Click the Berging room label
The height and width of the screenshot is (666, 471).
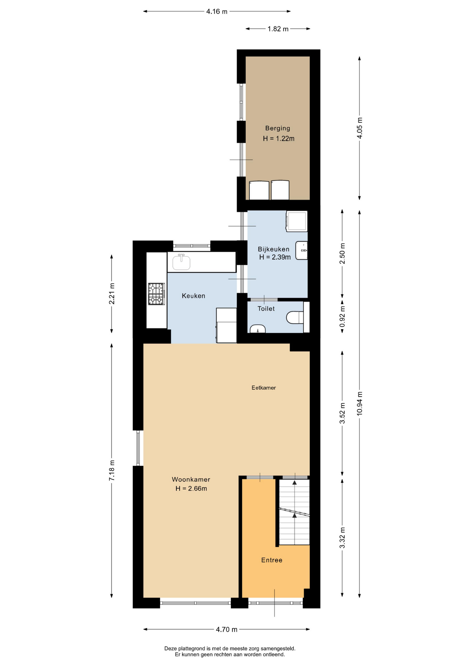pyautogui.click(x=277, y=128)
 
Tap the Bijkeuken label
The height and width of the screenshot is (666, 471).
pyautogui.click(x=273, y=249)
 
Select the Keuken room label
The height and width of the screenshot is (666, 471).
pyautogui.click(x=194, y=296)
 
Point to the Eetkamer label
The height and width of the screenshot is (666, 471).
pyautogui.click(x=264, y=388)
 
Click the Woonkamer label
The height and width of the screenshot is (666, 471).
pyautogui.click(x=191, y=479)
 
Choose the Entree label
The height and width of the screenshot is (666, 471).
pyautogui.click(x=272, y=560)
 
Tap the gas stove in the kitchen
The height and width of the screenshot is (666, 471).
pyautogui.click(x=156, y=294)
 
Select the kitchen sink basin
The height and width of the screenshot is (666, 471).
pyautogui.click(x=181, y=262)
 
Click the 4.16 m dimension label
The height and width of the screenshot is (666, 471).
pyautogui.click(x=217, y=11)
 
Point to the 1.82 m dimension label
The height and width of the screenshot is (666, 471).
pyautogui.click(x=278, y=29)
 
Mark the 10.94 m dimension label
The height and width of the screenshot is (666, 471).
pyautogui.click(x=360, y=403)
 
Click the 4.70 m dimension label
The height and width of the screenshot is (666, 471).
pyautogui.click(x=226, y=629)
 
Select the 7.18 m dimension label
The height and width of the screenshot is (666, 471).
pyautogui.click(x=112, y=470)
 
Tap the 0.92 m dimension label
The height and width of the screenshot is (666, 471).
pyautogui.click(x=342, y=316)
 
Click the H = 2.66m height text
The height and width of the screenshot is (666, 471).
pyautogui.click(x=191, y=489)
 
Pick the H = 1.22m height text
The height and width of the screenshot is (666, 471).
pyautogui.click(x=279, y=139)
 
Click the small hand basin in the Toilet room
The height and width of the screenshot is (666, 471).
pyautogui.click(x=257, y=329)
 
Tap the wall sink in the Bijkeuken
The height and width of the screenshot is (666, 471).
pyautogui.click(x=301, y=250)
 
